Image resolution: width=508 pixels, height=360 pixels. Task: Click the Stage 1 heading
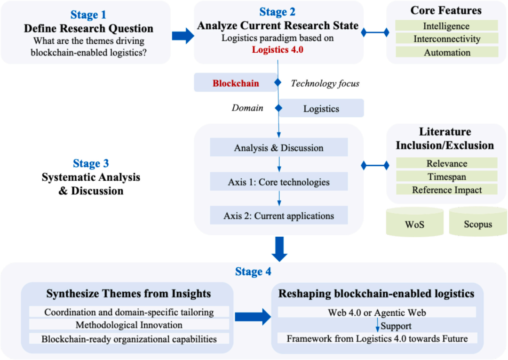point(88,15)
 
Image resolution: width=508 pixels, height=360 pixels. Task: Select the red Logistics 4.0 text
point(278,49)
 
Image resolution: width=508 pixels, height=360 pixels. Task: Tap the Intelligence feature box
point(446,25)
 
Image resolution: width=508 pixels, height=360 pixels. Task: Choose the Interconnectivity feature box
point(447,39)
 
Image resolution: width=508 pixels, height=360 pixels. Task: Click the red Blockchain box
point(236,83)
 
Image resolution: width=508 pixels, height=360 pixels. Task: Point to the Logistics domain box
point(321,108)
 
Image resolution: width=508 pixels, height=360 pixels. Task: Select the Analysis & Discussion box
point(278,147)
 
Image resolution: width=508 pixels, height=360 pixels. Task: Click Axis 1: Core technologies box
point(278,182)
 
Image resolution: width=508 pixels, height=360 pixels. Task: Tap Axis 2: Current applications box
point(278,215)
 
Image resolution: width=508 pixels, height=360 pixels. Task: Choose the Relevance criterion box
point(447,163)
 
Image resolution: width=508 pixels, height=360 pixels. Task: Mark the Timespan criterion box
point(447,176)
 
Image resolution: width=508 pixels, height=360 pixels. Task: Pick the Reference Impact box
point(447,190)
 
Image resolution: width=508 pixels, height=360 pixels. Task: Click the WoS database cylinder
point(415,222)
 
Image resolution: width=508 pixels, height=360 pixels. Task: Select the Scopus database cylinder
point(478,222)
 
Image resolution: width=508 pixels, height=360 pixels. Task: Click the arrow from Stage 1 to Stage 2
point(183,36)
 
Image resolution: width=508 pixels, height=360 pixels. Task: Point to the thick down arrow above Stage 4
point(279,249)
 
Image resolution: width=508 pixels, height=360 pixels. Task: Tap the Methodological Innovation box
point(129,325)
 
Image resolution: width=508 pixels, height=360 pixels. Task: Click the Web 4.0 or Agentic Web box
point(377,312)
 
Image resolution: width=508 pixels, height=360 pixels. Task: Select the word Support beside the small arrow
point(396,326)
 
